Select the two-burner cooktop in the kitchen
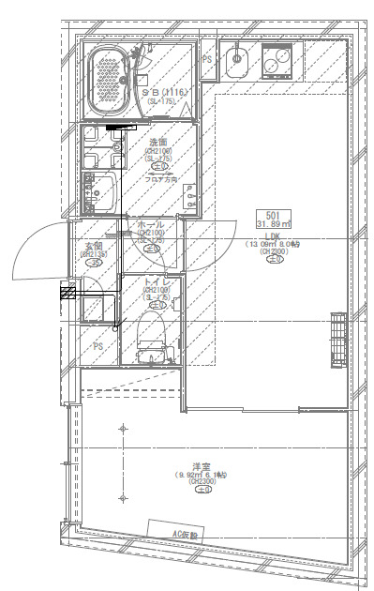click(278, 62)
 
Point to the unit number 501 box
click(275, 214)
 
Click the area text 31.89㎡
click(275, 224)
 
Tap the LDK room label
click(273, 235)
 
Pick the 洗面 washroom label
click(157, 142)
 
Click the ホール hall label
click(150, 224)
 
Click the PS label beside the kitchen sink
click(208, 58)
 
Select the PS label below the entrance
click(97, 345)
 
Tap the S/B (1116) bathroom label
click(165, 92)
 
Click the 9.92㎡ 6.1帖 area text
click(201, 475)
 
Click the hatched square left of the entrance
click(67, 293)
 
